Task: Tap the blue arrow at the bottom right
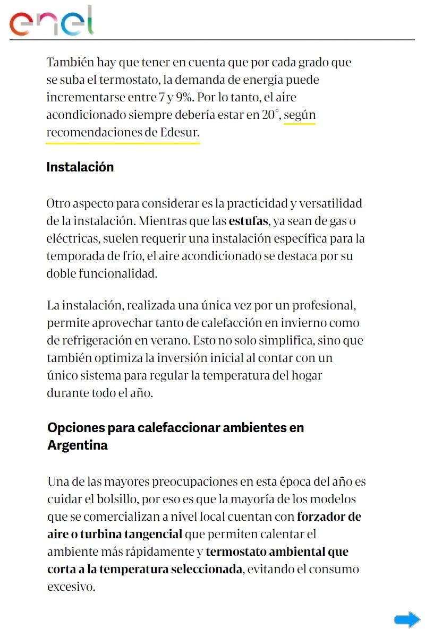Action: [407, 619]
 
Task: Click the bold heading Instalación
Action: [80, 167]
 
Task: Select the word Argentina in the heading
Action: [78, 445]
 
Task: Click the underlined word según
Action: [300, 115]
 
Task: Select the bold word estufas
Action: [248, 220]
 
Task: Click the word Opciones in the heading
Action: [76, 427]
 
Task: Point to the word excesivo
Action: [71, 587]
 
